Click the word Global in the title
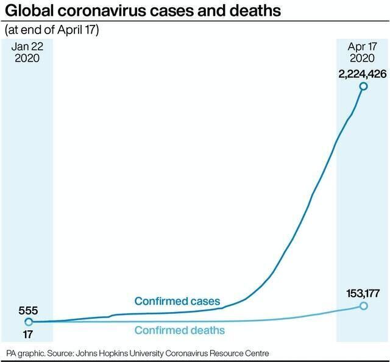click(x=28, y=10)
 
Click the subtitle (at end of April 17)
click(x=51, y=30)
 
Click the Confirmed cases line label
click(x=177, y=302)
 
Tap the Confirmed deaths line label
click(x=179, y=331)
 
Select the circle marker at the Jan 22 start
click(x=28, y=322)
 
